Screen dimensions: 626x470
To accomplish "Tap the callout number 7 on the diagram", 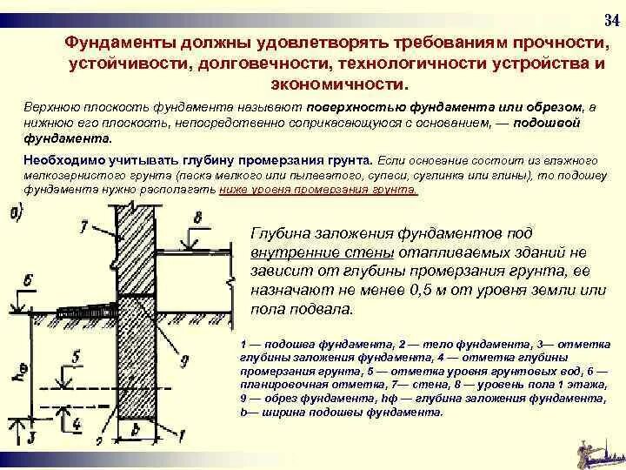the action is [x=83, y=228].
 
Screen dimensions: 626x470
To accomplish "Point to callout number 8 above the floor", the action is [x=198, y=217].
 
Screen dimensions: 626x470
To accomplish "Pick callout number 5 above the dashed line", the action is [x=76, y=356].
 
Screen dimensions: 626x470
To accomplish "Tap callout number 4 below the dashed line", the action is [x=76, y=424].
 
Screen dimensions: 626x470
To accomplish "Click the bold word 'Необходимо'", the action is [x=58, y=161].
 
